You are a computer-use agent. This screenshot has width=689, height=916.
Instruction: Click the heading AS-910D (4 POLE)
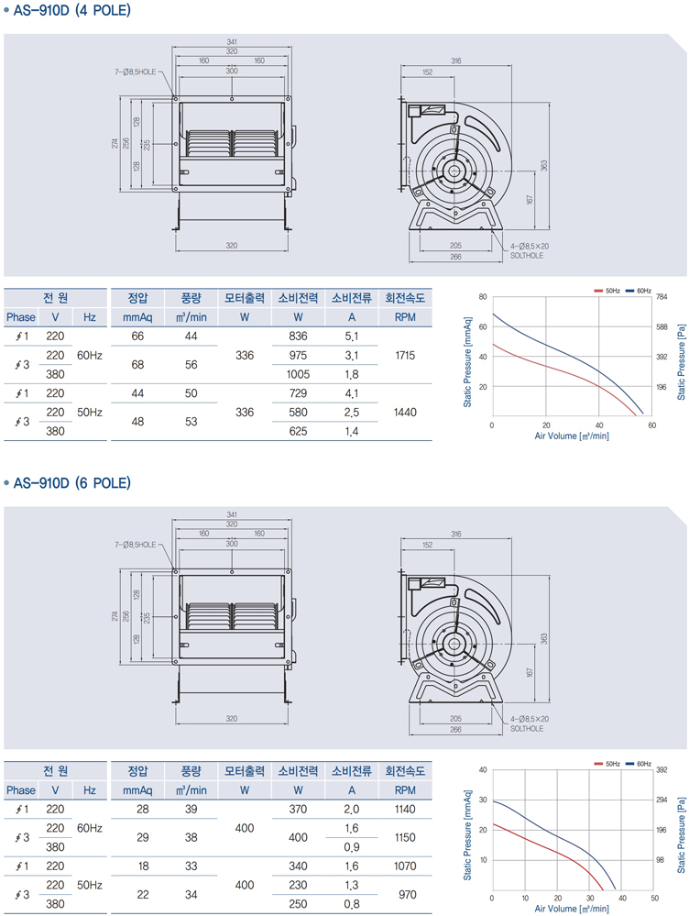(72, 12)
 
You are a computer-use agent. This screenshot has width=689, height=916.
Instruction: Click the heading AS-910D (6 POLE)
(72, 482)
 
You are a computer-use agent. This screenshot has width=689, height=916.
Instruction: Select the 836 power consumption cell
(298, 337)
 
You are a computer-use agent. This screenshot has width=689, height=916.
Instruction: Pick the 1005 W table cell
(298, 374)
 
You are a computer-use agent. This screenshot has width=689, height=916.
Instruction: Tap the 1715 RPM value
(404, 355)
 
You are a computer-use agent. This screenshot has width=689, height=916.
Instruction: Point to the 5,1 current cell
(351, 337)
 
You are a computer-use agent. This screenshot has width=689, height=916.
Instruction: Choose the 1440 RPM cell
(404, 413)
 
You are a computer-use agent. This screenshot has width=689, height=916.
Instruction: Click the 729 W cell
(298, 393)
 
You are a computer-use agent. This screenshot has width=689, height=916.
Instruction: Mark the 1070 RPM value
(404, 866)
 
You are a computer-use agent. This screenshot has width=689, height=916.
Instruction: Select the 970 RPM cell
(404, 894)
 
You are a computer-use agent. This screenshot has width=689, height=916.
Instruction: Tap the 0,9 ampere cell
(351, 847)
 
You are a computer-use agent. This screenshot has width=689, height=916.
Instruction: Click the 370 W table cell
(298, 809)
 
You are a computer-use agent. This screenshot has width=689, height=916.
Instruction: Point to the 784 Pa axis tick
(662, 297)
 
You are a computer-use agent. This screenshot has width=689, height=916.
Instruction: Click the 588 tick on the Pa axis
(662, 327)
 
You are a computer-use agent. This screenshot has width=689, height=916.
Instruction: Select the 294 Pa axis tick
(662, 800)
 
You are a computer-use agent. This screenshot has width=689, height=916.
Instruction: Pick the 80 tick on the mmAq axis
(483, 297)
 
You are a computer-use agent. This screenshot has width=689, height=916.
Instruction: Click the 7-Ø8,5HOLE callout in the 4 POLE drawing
(137, 70)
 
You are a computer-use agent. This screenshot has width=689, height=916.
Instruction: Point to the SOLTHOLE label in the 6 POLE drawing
(527, 729)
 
